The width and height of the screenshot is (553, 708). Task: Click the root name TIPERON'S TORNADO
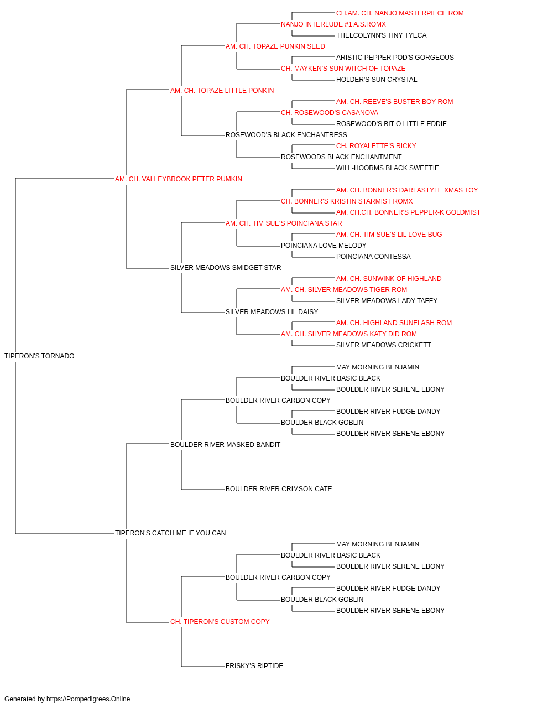[39, 356]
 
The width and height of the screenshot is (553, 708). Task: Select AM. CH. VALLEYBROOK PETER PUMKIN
[179, 179]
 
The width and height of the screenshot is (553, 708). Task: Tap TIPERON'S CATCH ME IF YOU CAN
[170, 533]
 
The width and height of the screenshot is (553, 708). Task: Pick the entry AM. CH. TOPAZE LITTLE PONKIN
[222, 91]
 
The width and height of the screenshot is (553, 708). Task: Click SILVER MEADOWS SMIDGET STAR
[226, 268]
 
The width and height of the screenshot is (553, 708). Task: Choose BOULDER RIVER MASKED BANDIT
[226, 444]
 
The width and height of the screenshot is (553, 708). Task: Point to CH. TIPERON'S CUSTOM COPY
[220, 621]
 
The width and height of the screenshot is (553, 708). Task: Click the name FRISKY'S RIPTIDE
[254, 665]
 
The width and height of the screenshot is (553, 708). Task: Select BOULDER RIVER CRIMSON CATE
[279, 489]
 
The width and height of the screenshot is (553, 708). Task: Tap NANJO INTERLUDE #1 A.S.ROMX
[333, 24]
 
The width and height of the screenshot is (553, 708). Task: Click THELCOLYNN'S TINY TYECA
[382, 35]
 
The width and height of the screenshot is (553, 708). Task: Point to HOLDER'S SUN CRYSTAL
[377, 80]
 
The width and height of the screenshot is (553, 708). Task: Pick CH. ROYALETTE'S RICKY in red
[376, 146]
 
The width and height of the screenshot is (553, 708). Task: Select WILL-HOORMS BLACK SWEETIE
[388, 168]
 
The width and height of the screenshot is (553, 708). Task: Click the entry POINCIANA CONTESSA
[373, 257]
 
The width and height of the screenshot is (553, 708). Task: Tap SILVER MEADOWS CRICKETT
[384, 345]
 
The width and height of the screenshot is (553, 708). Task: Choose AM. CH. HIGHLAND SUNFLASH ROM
[394, 323]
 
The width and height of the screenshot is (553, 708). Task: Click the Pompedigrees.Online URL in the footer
[88, 699]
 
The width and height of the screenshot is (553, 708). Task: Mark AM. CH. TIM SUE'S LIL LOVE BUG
[389, 235]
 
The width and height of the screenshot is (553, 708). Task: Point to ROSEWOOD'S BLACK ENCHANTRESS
[286, 135]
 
